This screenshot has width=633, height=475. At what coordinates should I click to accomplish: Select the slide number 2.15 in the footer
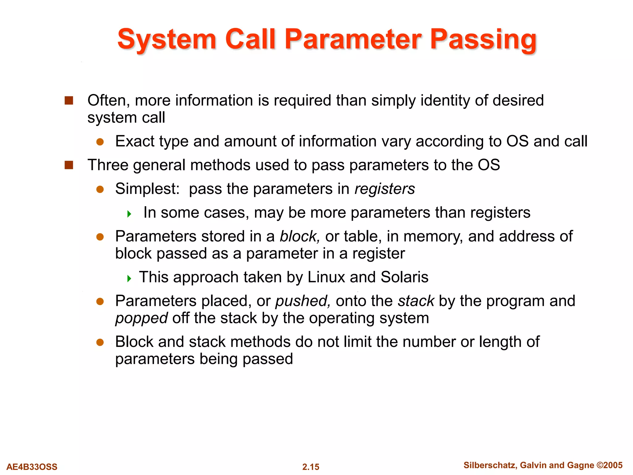(311, 467)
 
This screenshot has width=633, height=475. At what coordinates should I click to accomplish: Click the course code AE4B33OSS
(32, 467)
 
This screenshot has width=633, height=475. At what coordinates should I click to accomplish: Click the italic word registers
(384, 189)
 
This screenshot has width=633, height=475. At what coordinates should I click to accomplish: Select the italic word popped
(141, 318)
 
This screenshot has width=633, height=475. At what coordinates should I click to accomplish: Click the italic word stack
(416, 301)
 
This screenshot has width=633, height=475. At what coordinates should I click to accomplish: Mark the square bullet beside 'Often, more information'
(69, 101)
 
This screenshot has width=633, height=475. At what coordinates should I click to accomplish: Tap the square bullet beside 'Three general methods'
(69, 165)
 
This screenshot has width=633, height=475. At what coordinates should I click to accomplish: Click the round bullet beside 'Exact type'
(100, 142)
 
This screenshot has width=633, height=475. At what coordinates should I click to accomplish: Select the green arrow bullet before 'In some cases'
(129, 214)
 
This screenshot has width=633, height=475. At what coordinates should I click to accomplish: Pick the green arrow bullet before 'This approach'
(129, 278)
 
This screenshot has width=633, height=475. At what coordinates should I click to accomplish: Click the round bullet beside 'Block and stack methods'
(100, 342)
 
